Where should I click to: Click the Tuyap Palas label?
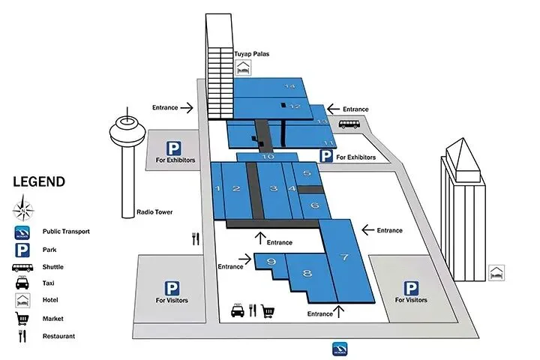[253, 54]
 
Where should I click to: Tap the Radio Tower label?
[154, 212]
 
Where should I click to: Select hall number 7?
[344, 258]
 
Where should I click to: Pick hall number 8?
[307, 274]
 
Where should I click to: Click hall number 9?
[271, 262]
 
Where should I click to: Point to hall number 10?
[268, 157]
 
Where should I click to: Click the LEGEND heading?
[39, 182]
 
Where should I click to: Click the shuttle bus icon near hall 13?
[349, 124]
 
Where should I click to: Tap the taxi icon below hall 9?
[237, 309]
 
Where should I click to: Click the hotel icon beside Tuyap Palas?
[242, 69]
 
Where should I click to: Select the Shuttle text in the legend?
[54, 267]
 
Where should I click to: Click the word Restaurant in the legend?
[59, 336]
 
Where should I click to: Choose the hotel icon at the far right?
[496, 272]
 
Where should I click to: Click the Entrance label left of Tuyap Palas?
[165, 107]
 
